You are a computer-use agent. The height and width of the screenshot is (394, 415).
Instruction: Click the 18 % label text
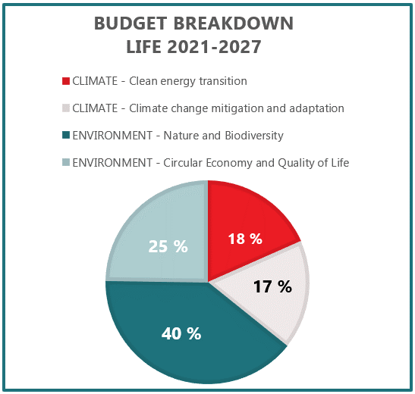[245, 239]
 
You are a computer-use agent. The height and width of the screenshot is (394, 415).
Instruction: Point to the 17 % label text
[273, 286]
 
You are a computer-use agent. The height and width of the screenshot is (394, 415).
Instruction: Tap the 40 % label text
[182, 333]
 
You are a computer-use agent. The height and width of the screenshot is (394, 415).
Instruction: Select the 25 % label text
[168, 246]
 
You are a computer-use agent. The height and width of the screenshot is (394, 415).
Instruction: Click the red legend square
[66, 81]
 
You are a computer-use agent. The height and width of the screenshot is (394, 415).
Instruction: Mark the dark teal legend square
[66, 136]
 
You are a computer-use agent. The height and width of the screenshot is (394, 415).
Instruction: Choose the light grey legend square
[66, 108]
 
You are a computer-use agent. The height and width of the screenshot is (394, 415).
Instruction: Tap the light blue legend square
[66, 163]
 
